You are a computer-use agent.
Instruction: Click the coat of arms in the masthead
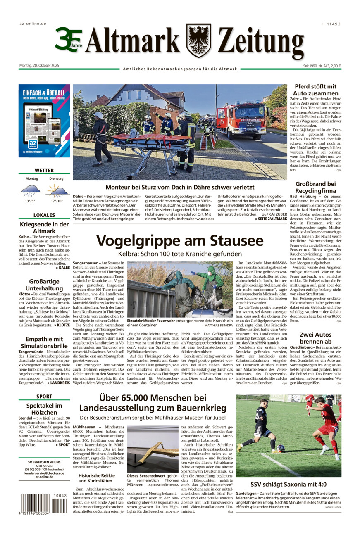pos(199,40)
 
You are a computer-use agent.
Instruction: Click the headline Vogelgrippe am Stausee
pos(180,241)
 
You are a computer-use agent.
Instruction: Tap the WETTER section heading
pos(44,170)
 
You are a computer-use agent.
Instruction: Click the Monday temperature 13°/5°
pos(30,201)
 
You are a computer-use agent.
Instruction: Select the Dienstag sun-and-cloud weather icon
pos(57,190)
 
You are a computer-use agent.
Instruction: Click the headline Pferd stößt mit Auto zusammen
pos(315,90)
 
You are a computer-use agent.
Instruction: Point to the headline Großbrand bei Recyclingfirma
pos(315,187)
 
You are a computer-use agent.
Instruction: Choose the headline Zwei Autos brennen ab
pos(315,337)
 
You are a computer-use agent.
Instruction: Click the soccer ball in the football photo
pos(281,448)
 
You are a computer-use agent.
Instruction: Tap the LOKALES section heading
pos(44,215)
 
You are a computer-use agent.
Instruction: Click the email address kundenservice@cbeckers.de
pos(44,473)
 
